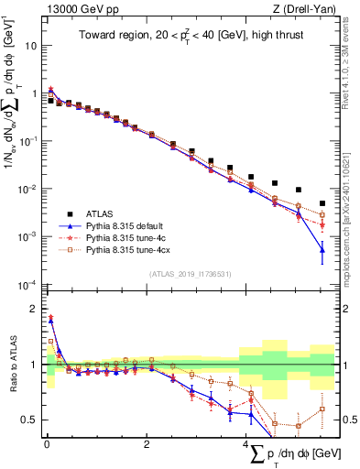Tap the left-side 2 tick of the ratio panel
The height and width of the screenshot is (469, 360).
click(x=36, y=309)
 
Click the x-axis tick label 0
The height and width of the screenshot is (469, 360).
click(x=47, y=445)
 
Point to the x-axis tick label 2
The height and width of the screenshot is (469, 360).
click(x=147, y=445)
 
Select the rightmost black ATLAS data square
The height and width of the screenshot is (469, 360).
click(x=322, y=203)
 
